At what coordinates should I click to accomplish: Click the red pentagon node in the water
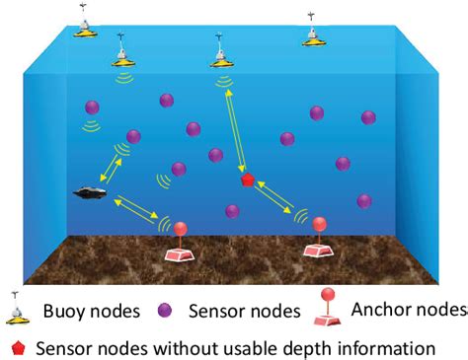click(x=248, y=180)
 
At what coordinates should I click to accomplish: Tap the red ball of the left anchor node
click(x=180, y=230)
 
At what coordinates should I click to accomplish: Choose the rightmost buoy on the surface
click(x=314, y=35)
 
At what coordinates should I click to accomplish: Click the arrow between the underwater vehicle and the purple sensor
click(x=110, y=168)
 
